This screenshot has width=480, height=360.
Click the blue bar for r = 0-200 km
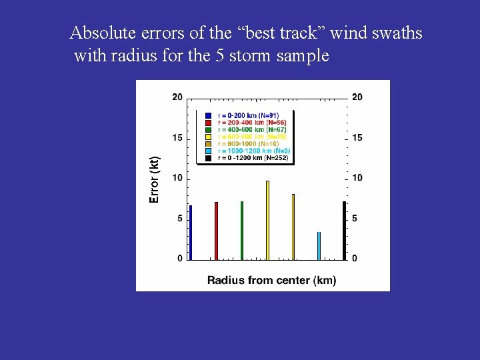click(x=191, y=232)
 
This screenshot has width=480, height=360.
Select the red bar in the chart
click(x=216, y=231)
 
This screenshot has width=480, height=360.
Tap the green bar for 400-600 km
click(x=242, y=230)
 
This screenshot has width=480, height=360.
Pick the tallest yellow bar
click(x=267, y=220)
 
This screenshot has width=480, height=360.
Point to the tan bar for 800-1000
click(x=293, y=227)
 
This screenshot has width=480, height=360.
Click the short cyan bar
click(x=319, y=245)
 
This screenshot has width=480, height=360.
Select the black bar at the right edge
click(x=344, y=230)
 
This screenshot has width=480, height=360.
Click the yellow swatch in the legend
click(x=209, y=137)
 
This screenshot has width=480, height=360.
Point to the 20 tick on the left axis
click(x=177, y=97)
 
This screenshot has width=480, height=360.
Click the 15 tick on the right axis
click(x=357, y=138)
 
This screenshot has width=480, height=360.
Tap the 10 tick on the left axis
click(x=177, y=178)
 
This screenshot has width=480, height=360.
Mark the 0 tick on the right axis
click(x=355, y=258)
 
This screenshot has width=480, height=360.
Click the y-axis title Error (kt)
click(x=155, y=179)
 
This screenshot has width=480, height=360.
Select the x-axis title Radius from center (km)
click(x=271, y=280)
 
